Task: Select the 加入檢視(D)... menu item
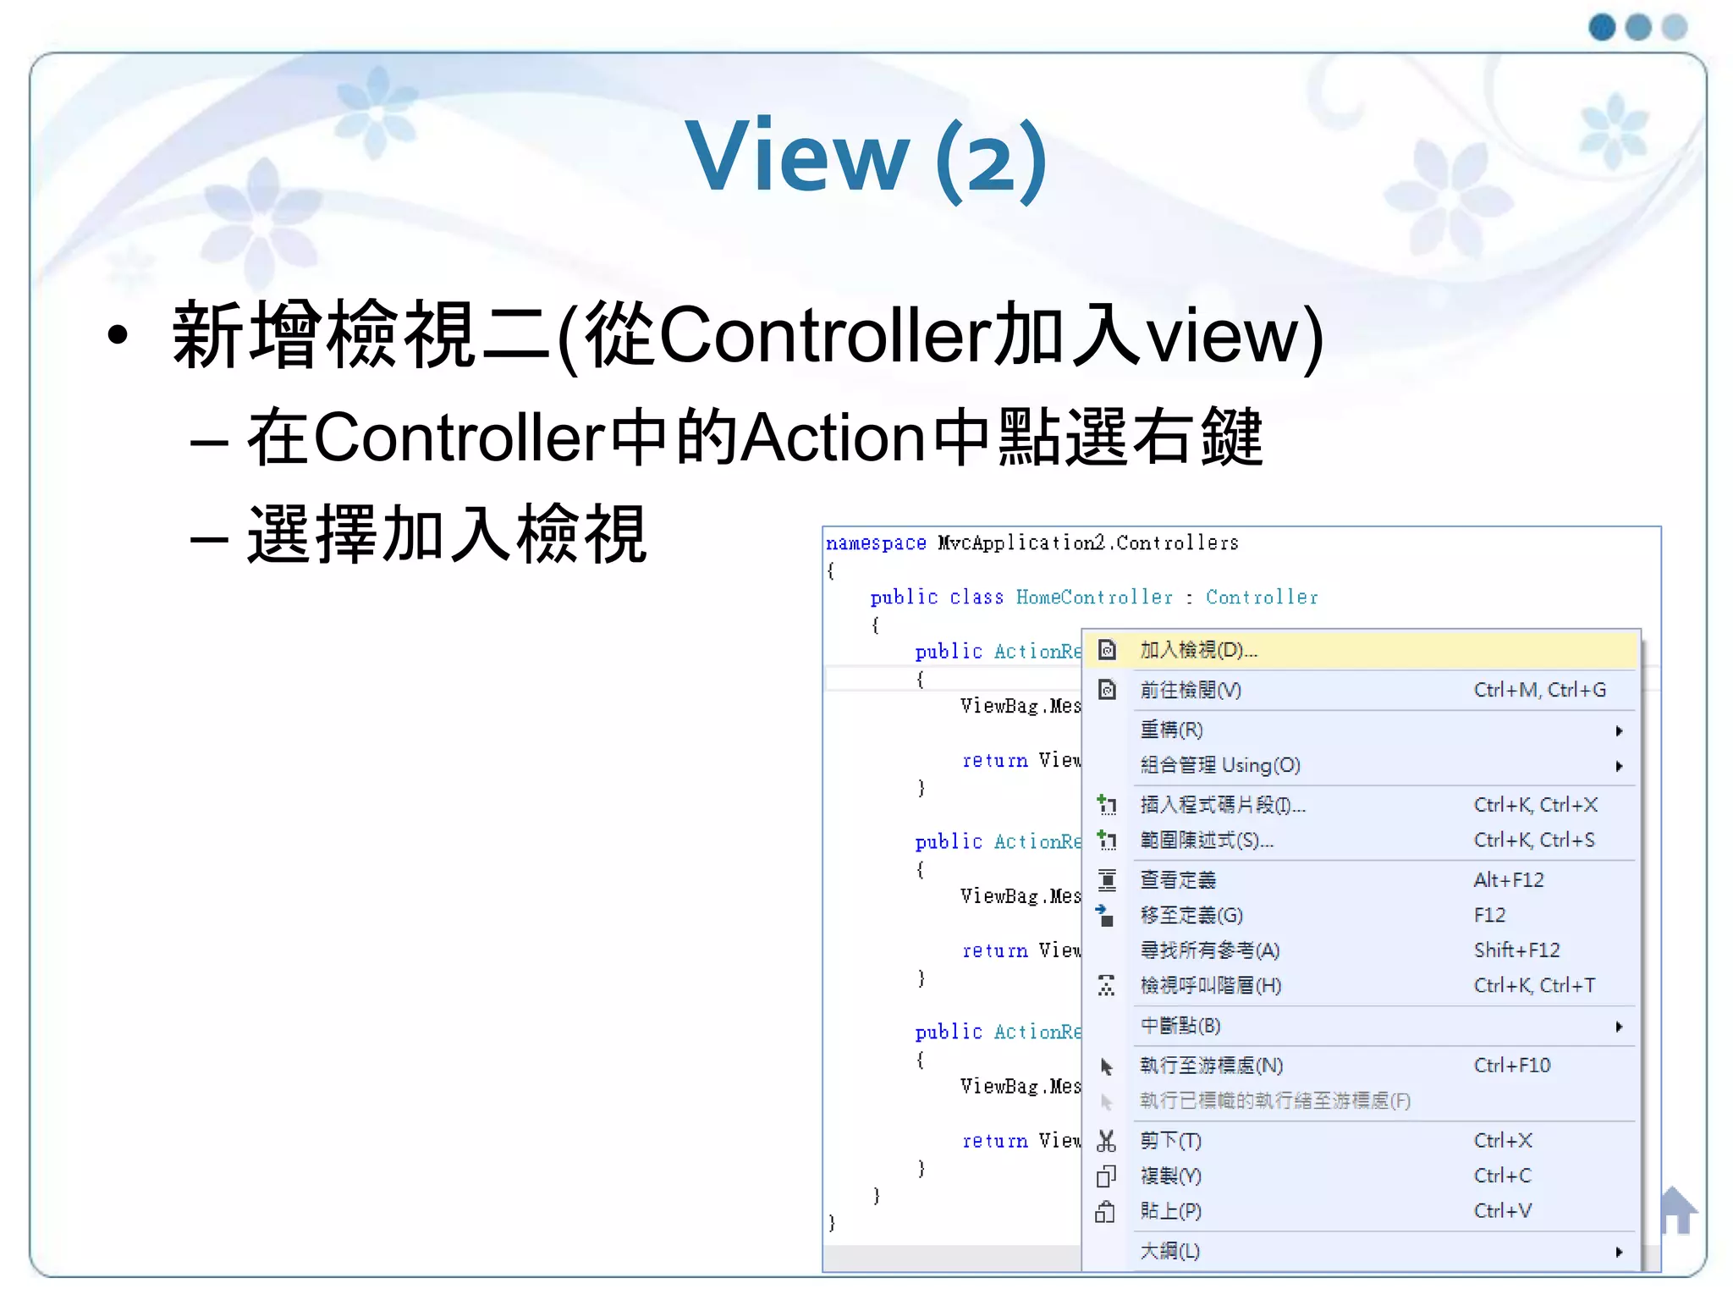(1197, 650)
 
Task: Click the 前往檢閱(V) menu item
(1190, 691)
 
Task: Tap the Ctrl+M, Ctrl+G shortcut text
(1539, 691)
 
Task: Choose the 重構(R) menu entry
(1171, 730)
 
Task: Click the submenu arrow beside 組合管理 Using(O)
(1619, 766)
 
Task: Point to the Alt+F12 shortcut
(1508, 880)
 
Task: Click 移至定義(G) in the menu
(1191, 916)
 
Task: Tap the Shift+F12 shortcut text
(1516, 950)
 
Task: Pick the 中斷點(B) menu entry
(1180, 1026)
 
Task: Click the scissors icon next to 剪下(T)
(1106, 1141)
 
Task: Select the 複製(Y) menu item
(1170, 1176)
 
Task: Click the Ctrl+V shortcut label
(1502, 1211)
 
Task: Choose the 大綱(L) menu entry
(1169, 1251)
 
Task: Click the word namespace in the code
(876, 543)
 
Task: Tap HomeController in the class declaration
(1094, 598)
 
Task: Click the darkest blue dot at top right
(1602, 27)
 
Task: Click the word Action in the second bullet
(833, 438)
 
